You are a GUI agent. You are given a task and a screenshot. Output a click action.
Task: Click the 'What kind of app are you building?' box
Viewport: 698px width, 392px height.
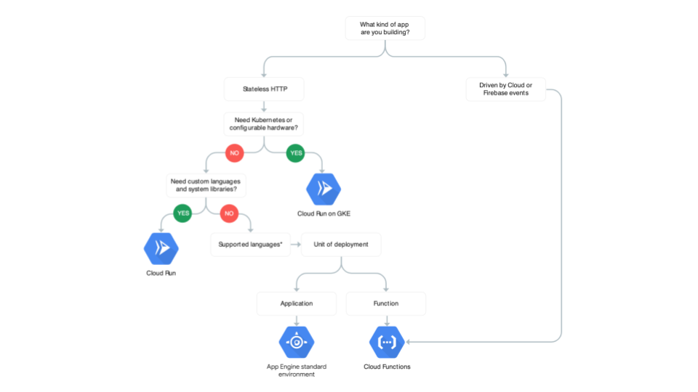click(385, 29)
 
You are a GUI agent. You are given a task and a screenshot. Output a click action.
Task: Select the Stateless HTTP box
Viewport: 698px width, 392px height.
click(264, 90)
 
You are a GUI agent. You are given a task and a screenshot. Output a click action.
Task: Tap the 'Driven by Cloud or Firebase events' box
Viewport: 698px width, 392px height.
click(505, 89)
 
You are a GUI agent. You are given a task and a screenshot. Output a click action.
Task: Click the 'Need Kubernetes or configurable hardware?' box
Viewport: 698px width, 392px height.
click(264, 123)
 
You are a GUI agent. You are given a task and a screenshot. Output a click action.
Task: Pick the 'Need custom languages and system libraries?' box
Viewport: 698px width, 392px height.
click(206, 185)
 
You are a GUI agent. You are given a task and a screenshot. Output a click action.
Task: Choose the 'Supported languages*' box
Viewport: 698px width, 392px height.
click(250, 245)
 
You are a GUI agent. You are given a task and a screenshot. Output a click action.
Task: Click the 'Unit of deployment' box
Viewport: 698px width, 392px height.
click(341, 245)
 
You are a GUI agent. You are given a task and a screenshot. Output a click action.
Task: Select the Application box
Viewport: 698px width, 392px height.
click(297, 303)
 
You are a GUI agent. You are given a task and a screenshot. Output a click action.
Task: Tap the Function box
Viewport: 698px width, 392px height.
click(385, 303)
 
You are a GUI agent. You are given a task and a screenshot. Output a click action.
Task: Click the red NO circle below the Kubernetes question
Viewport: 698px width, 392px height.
click(234, 154)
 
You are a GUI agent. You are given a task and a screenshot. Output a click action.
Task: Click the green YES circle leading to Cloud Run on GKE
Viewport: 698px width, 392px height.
click(296, 154)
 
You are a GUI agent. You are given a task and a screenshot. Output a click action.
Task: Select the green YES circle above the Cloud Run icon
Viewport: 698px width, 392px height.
click(183, 213)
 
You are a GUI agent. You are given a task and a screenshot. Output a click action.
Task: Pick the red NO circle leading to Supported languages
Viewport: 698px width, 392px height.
click(230, 213)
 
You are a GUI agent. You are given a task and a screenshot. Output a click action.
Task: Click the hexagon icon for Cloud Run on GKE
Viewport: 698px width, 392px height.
click(324, 189)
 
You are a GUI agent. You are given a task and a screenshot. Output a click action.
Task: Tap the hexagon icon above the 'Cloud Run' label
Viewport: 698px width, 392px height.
click(161, 249)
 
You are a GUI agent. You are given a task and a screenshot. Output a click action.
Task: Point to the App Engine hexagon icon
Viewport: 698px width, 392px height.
click(297, 342)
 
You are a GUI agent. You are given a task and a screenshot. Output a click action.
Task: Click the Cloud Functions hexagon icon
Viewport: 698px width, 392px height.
click(387, 342)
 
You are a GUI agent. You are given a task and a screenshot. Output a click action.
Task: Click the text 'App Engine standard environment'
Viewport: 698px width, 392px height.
click(297, 370)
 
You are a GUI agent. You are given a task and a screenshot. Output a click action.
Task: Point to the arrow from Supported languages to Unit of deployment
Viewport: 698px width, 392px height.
click(295, 245)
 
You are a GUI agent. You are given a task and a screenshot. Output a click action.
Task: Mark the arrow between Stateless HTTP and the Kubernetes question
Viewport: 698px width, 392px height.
click(264, 106)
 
